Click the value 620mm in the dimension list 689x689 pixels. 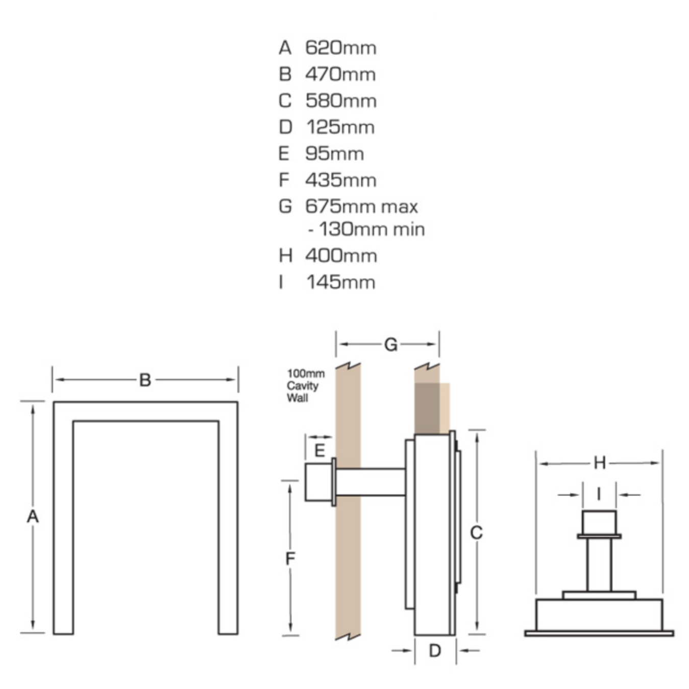pos(341,48)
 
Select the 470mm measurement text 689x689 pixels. pos(340,75)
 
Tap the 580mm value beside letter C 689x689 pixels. pos(341,101)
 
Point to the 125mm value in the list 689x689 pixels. pos(341,127)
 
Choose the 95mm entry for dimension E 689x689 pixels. pos(335,154)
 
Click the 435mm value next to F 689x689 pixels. pos(341,180)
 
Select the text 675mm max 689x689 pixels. pos(361,206)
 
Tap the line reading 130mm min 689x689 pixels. pos(366,229)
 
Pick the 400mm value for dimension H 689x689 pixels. pos(341,256)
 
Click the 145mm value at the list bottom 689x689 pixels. pos(341,282)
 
